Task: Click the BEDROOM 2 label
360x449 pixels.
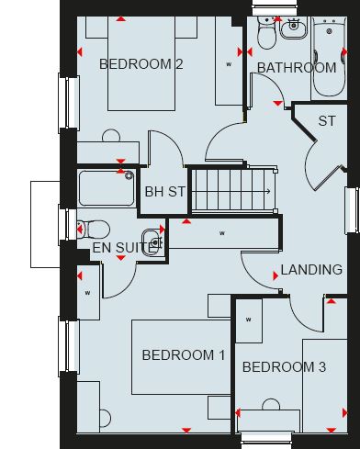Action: coord(141,64)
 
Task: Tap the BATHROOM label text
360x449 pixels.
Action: coord(297,68)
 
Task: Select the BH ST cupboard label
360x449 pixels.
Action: coord(164,192)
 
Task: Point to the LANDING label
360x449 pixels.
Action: coord(311,270)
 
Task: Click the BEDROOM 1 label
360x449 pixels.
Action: coord(184,355)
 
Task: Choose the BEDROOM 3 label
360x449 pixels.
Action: coord(284,367)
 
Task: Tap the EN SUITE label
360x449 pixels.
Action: coord(122,248)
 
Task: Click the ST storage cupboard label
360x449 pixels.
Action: coord(327,121)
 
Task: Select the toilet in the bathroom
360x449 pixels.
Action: coord(267,33)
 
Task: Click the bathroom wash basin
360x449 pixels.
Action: coord(293,28)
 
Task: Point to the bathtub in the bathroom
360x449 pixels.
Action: coord(330,57)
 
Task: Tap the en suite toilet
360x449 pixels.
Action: coord(94,230)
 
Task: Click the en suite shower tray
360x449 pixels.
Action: coord(107,188)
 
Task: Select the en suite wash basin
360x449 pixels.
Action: coord(152,241)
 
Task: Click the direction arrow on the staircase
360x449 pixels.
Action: coord(232,192)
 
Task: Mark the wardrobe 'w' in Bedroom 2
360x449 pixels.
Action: coord(229,64)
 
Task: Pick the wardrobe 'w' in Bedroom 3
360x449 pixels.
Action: coord(249,320)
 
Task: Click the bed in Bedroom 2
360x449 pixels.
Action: coord(141,63)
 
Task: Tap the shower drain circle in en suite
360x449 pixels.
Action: coord(129,175)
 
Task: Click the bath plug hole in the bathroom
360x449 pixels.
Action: coord(330,31)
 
